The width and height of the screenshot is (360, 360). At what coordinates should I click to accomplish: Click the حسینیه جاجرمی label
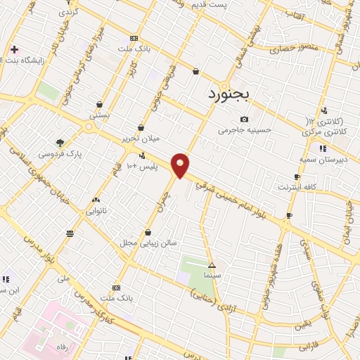tap(243, 130)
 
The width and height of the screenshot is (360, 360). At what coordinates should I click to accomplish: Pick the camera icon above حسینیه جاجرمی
tap(244, 119)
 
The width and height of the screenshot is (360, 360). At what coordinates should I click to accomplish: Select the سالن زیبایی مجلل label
tap(148, 243)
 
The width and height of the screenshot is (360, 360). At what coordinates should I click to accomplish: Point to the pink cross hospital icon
tap(15, 49)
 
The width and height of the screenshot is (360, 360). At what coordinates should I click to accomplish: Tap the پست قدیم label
tap(229, 6)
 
